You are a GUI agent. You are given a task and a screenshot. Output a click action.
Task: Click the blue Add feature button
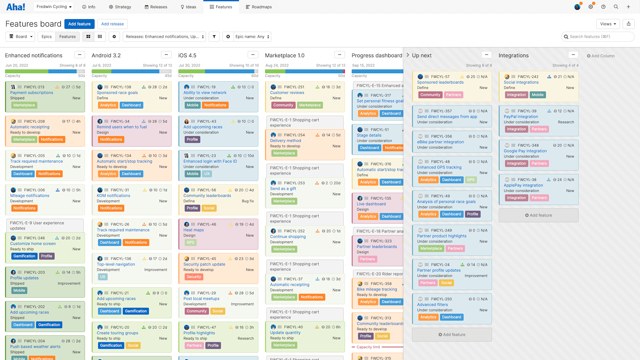79,24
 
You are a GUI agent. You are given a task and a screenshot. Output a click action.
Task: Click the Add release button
112,24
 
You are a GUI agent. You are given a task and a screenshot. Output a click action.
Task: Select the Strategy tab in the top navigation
120,7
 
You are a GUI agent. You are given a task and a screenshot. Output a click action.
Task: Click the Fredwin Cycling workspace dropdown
54,7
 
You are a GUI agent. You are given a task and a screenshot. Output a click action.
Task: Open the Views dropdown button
608,24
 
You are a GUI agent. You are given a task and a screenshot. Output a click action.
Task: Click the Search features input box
599,37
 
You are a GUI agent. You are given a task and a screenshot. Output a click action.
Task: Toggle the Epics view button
47,37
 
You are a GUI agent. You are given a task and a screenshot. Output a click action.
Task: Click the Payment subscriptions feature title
32,93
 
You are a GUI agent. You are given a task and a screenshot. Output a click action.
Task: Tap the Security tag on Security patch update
194,277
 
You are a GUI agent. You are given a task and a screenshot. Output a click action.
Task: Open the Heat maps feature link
193,230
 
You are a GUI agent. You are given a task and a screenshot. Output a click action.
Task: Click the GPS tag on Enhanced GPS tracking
471,180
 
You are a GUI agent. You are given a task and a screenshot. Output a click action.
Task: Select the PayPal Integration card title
521,117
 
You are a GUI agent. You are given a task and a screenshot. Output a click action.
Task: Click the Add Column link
601,56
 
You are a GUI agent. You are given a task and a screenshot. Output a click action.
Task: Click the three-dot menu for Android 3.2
166,55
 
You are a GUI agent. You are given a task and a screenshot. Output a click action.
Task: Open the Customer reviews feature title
287,93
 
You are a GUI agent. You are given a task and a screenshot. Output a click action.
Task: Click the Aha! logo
16,7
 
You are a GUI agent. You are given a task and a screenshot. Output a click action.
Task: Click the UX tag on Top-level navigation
103,277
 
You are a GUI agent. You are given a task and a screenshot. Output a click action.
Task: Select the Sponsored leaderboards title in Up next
440,82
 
